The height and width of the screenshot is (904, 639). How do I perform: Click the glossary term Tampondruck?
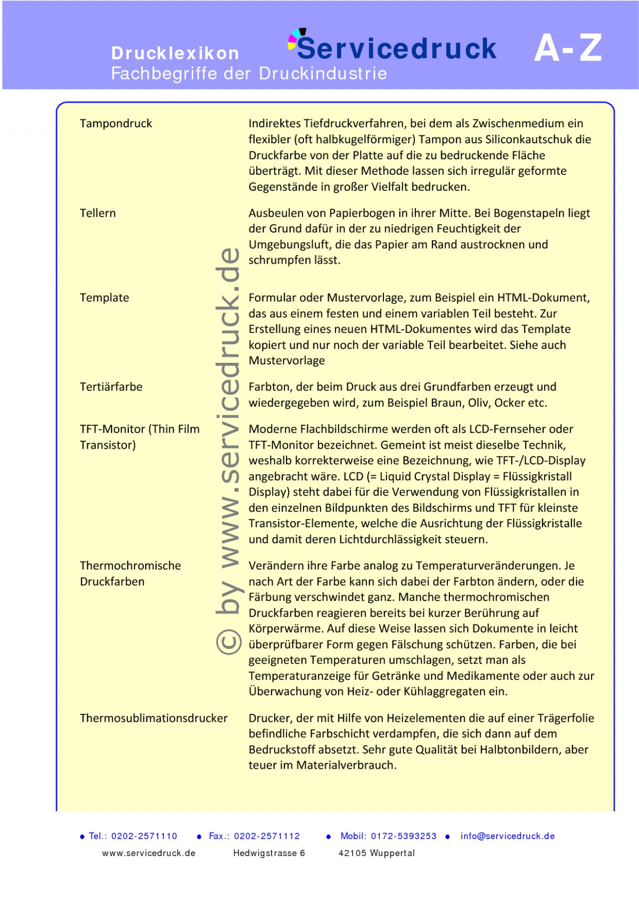tap(116, 124)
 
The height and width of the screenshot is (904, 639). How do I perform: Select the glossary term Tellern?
tap(98, 213)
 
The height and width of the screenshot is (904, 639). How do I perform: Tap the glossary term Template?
tap(104, 298)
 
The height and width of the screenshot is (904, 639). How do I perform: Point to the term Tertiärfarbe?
tap(111, 387)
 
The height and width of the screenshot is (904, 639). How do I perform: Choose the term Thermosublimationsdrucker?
tap(154, 718)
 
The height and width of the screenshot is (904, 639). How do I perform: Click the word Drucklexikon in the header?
tap(175, 53)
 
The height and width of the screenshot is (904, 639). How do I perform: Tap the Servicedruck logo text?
tap(397, 48)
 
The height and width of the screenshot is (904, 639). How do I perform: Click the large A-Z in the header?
tap(568, 48)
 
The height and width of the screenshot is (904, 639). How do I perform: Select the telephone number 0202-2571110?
tap(144, 836)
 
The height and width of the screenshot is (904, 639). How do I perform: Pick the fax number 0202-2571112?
tap(267, 836)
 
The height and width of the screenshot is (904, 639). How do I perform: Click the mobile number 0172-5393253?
tap(403, 836)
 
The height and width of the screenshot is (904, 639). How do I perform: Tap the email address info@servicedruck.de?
tap(507, 836)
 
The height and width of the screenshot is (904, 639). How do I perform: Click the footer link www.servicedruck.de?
tap(149, 853)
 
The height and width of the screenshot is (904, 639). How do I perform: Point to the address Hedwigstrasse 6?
tap(269, 853)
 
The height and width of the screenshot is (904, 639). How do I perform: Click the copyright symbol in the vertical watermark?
tap(229, 642)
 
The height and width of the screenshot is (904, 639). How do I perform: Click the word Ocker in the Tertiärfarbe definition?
tap(510, 403)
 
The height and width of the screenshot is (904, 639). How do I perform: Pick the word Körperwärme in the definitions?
tap(286, 628)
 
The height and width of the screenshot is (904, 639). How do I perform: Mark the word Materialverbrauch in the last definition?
tap(346, 765)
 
